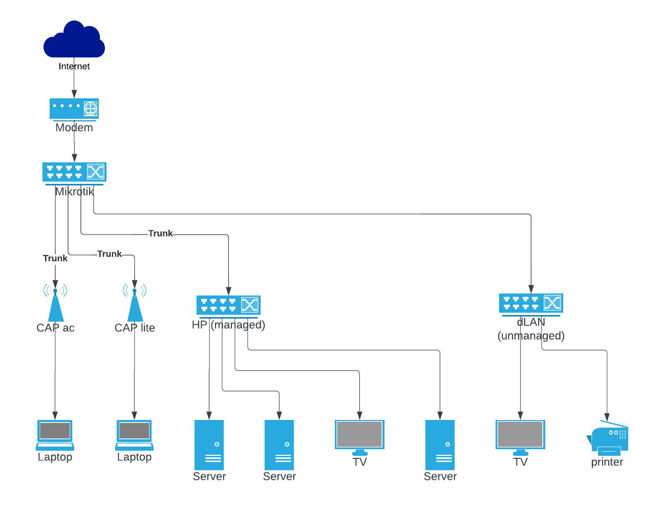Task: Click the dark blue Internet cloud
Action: pyautogui.click(x=74, y=40)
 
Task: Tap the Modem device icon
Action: pyautogui.click(x=74, y=109)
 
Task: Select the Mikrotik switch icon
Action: pyautogui.click(x=74, y=172)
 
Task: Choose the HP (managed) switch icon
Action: pyautogui.click(x=228, y=305)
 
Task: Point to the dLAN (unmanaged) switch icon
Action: pyautogui.click(x=531, y=303)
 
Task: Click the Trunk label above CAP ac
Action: pyautogui.click(x=55, y=258)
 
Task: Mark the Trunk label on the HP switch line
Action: pyautogui.click(x=161, y=234)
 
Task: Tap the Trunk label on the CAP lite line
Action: pyautogui.click(x=110, y=254)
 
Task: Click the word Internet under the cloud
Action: pyautogui.click(x=74, y=66)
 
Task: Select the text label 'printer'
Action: pyautogui.click(x=607, y=462)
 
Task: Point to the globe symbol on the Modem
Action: pyautogui.click(x=91, y=109)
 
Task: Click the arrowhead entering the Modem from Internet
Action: pyautogui.click(x=74, y=94)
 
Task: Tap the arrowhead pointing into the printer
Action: pyautogui.click(x=607, y=417)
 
